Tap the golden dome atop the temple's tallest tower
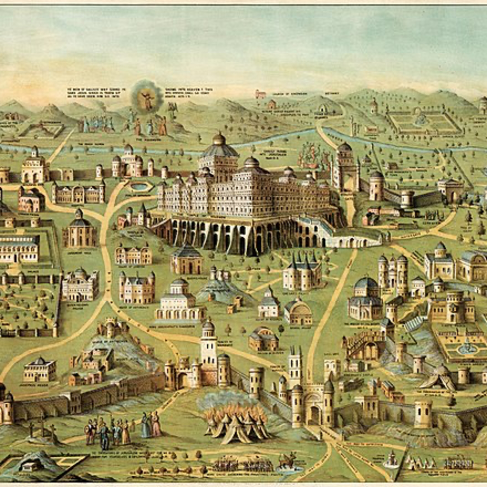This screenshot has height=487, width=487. pyautogui.click(x=218, y=139)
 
